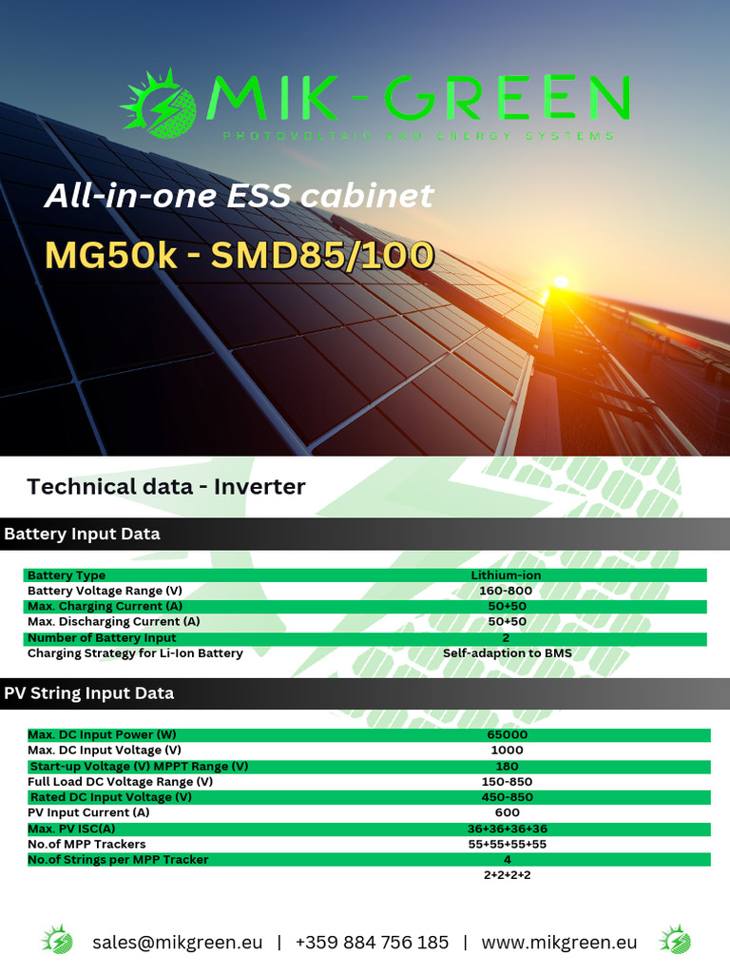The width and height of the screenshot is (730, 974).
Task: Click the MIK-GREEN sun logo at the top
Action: pos(159,103)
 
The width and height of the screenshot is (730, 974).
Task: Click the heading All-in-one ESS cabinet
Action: pos(239,196)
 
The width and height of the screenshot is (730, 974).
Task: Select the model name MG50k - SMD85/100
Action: pos(239,255)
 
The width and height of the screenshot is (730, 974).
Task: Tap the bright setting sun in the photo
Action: pos(561,282)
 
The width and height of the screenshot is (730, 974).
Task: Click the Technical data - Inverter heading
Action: pos(166,487)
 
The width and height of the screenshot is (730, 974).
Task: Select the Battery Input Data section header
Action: pos(82,534)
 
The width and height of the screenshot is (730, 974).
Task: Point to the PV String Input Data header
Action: pos(88,693)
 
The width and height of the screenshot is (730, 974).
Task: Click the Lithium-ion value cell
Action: pos(506,575)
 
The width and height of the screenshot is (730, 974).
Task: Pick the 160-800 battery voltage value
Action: pos(506,591)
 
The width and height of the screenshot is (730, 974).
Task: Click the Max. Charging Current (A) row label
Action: pos(105,606)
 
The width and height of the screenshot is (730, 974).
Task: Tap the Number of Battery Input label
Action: pos(102,637)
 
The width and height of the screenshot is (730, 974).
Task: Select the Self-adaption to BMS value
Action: pos(507,653)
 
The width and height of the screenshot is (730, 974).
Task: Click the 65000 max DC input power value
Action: pos(507,734)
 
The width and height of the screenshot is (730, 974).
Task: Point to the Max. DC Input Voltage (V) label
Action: pos(105,750)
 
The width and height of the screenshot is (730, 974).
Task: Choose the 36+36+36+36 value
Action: pos(507,828)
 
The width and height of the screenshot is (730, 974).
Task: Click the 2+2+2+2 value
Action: pos(507,874)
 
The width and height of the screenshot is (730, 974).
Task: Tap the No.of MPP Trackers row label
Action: pos(86,844)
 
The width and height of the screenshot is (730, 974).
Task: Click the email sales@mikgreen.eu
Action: pos(177,943)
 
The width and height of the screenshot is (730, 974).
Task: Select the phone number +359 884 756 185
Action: pos(372,943)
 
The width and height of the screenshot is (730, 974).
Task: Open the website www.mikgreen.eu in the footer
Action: pos(559,943)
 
